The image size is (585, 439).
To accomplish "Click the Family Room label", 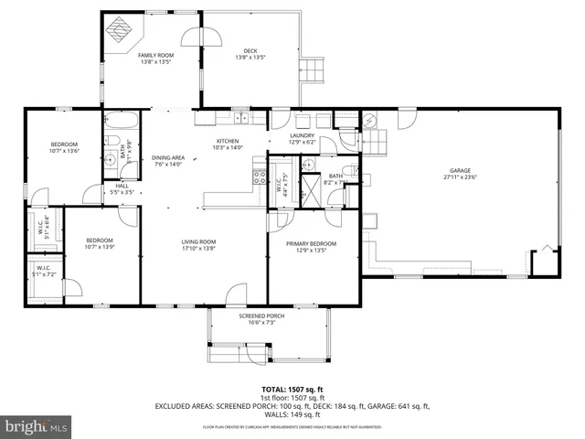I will click(x=155, y=56).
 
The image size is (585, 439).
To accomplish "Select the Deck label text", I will click(x=250, y=50).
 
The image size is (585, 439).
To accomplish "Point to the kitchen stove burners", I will click(x=260, y=177).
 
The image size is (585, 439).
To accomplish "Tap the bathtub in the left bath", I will click(x=120, y=120).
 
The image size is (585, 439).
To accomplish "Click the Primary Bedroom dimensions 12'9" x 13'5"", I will click(x=311, y=251).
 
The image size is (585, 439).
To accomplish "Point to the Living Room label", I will click(x=200, y=243).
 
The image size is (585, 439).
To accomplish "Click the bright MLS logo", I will click(x=37, y=426).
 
